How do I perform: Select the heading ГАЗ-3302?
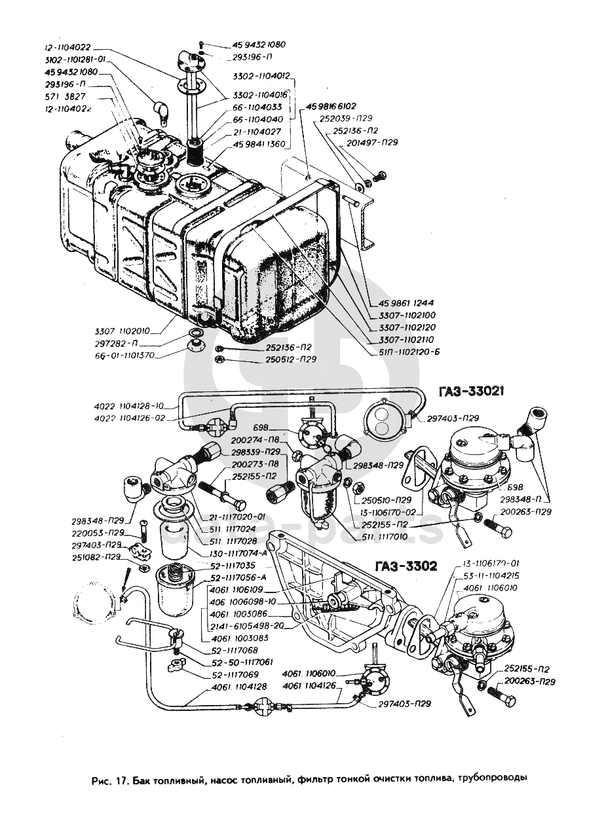pos(406,566)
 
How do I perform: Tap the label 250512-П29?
pos(292,359)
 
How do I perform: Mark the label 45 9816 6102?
pos(331,106)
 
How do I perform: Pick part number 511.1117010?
pos(380,537)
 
